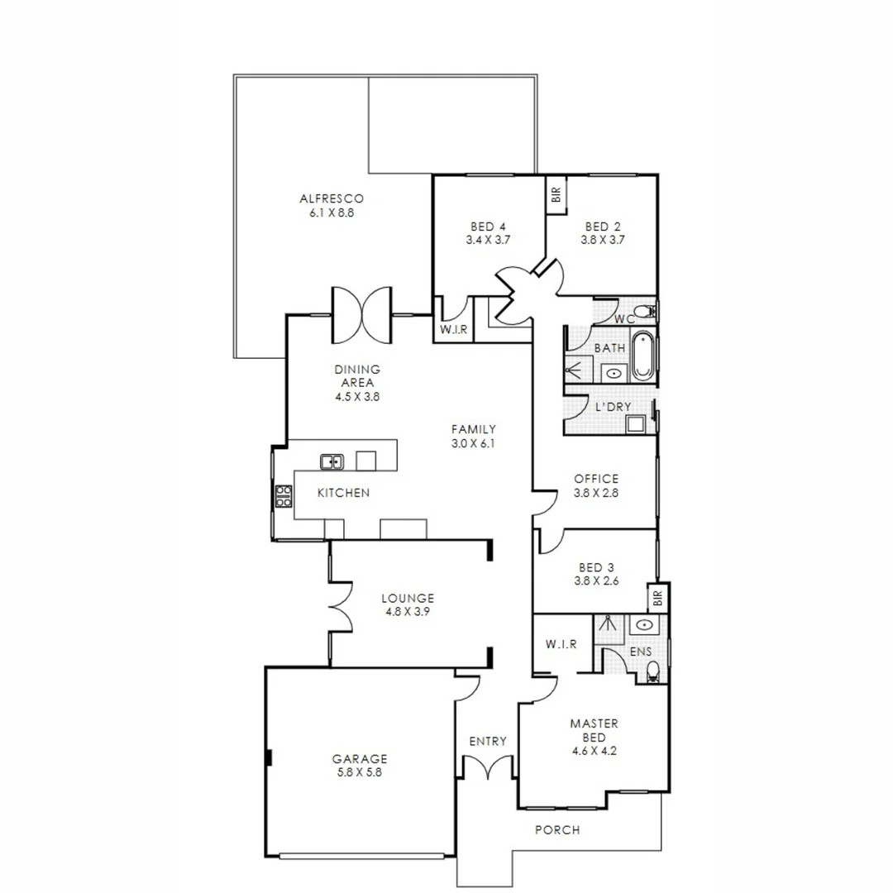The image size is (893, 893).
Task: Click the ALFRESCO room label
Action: click(x=332, y=198)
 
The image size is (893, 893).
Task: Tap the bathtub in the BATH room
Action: click(x=642, y=355)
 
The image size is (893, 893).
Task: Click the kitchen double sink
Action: click(x=332, y=461)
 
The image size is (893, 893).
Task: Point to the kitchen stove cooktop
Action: click(x=284, y=496)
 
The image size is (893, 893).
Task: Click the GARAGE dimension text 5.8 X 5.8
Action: click(x=359, y=773)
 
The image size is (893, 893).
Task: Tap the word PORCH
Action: click(x=557, y=830)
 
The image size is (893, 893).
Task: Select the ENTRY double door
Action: click(x=488, y=766)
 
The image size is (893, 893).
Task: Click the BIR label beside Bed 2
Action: click(x=556, y=195)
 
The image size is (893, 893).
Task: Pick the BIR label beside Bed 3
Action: click(x=658, y=598)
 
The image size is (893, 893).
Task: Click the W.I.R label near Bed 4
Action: click(x=453, y=329)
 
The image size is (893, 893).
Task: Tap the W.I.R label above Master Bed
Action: click(x=561, y=644)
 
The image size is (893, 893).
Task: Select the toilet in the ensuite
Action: click(x=653, y=671)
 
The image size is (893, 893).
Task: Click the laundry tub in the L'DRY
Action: click(x=635, y=423)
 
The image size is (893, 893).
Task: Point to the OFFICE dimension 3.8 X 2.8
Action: click(x=595, y=493)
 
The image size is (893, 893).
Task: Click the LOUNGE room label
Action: click(x=408, y=598)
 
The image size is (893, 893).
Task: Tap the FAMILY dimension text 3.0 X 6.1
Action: click(x=473, y=444)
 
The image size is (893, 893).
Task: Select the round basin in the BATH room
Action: click(x=614, y=374)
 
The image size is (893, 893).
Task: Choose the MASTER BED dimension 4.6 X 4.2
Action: click(x=594, y=751)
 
